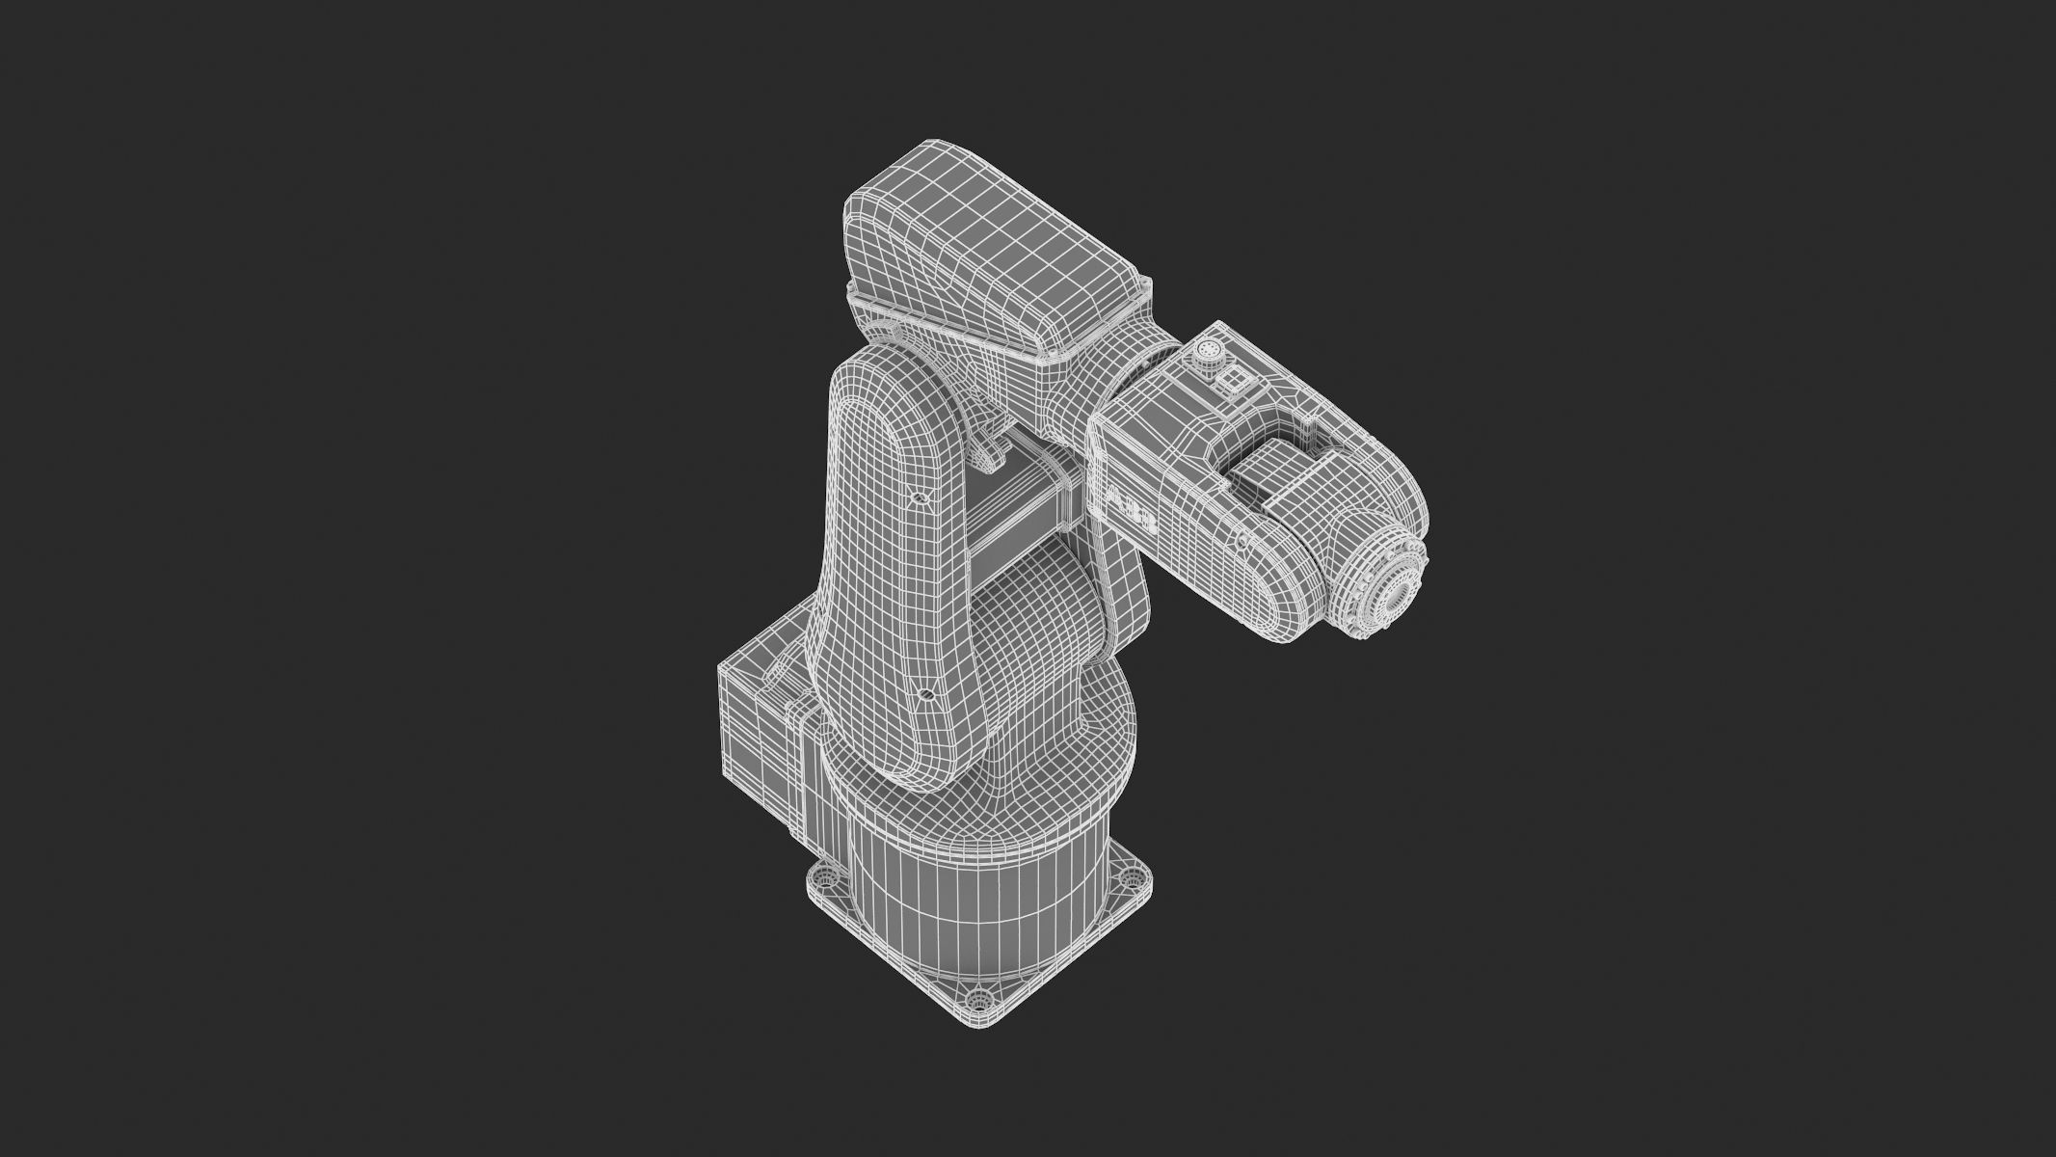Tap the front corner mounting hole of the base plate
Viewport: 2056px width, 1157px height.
point(979,1024)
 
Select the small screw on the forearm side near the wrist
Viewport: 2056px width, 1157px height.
point(1242,543)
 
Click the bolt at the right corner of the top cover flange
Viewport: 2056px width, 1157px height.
point(1145,286)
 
